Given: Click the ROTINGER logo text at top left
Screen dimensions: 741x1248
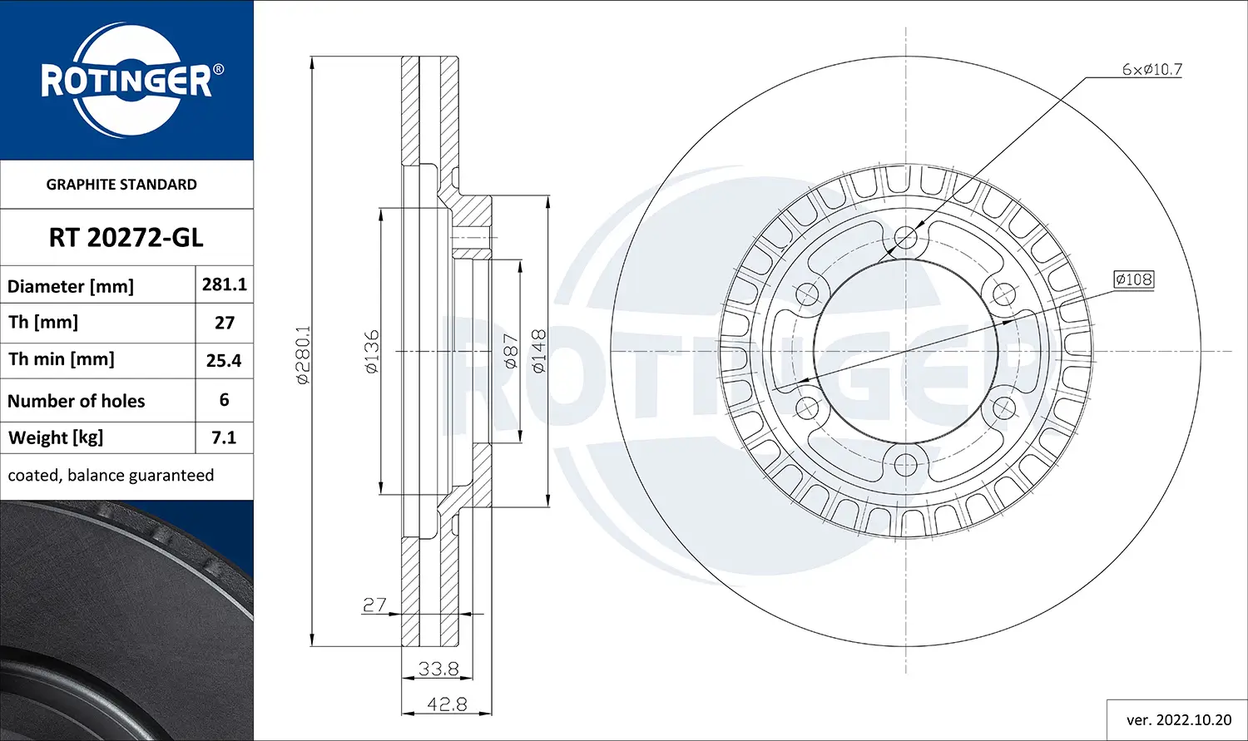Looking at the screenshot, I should pyautogui.click(x=126, y=82).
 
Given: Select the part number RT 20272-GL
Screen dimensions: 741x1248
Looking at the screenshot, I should pyautogui.click(x=126, y=238).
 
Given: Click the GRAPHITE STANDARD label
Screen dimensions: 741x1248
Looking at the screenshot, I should pyautogui.click(x=121, y=185).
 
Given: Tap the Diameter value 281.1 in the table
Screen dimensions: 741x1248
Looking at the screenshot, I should pyautogui.click(x=224, y=284).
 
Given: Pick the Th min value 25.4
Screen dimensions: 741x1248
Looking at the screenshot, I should pyautogui.click(x=224, y=360).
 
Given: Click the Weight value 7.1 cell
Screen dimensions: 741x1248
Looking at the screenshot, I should pyautogui.click(x=224, y=437).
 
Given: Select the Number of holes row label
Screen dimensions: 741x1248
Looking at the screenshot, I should pyautogui.click(x=76, y=401).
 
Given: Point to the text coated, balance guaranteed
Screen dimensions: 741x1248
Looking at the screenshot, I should pyautogui.click(x=111, y=476).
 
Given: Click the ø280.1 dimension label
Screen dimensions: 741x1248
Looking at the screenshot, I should pyautogui.click(x=303, y=353).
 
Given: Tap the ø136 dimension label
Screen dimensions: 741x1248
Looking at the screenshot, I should pyautogui.click(x=372, y=351).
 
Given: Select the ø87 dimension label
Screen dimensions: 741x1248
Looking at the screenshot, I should pyautogui.click(x=511, y=351).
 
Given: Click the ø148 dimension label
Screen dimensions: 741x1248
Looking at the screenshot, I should pyautogui.click(x=538, y=351).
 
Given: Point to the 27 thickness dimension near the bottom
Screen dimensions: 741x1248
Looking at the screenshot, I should pyautogui.click(x=374, y=605).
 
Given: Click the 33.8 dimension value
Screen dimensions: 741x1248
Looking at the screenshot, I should pyautogui.click(x=438, y=668).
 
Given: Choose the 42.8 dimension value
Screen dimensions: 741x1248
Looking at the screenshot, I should pyautogui.click(x=447, y=704).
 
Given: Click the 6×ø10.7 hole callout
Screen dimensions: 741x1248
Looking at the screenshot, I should pyautogui.click(x=1151, y=70).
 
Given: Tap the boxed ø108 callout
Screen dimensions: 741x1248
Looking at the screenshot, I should pyautogui.click(x=1134, y=279).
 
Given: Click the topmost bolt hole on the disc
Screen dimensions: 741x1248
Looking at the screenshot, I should pyautogui.click(x=905, y=238).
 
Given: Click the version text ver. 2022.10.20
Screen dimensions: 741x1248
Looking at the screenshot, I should pyautogui.click(x=1178, y=719).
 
